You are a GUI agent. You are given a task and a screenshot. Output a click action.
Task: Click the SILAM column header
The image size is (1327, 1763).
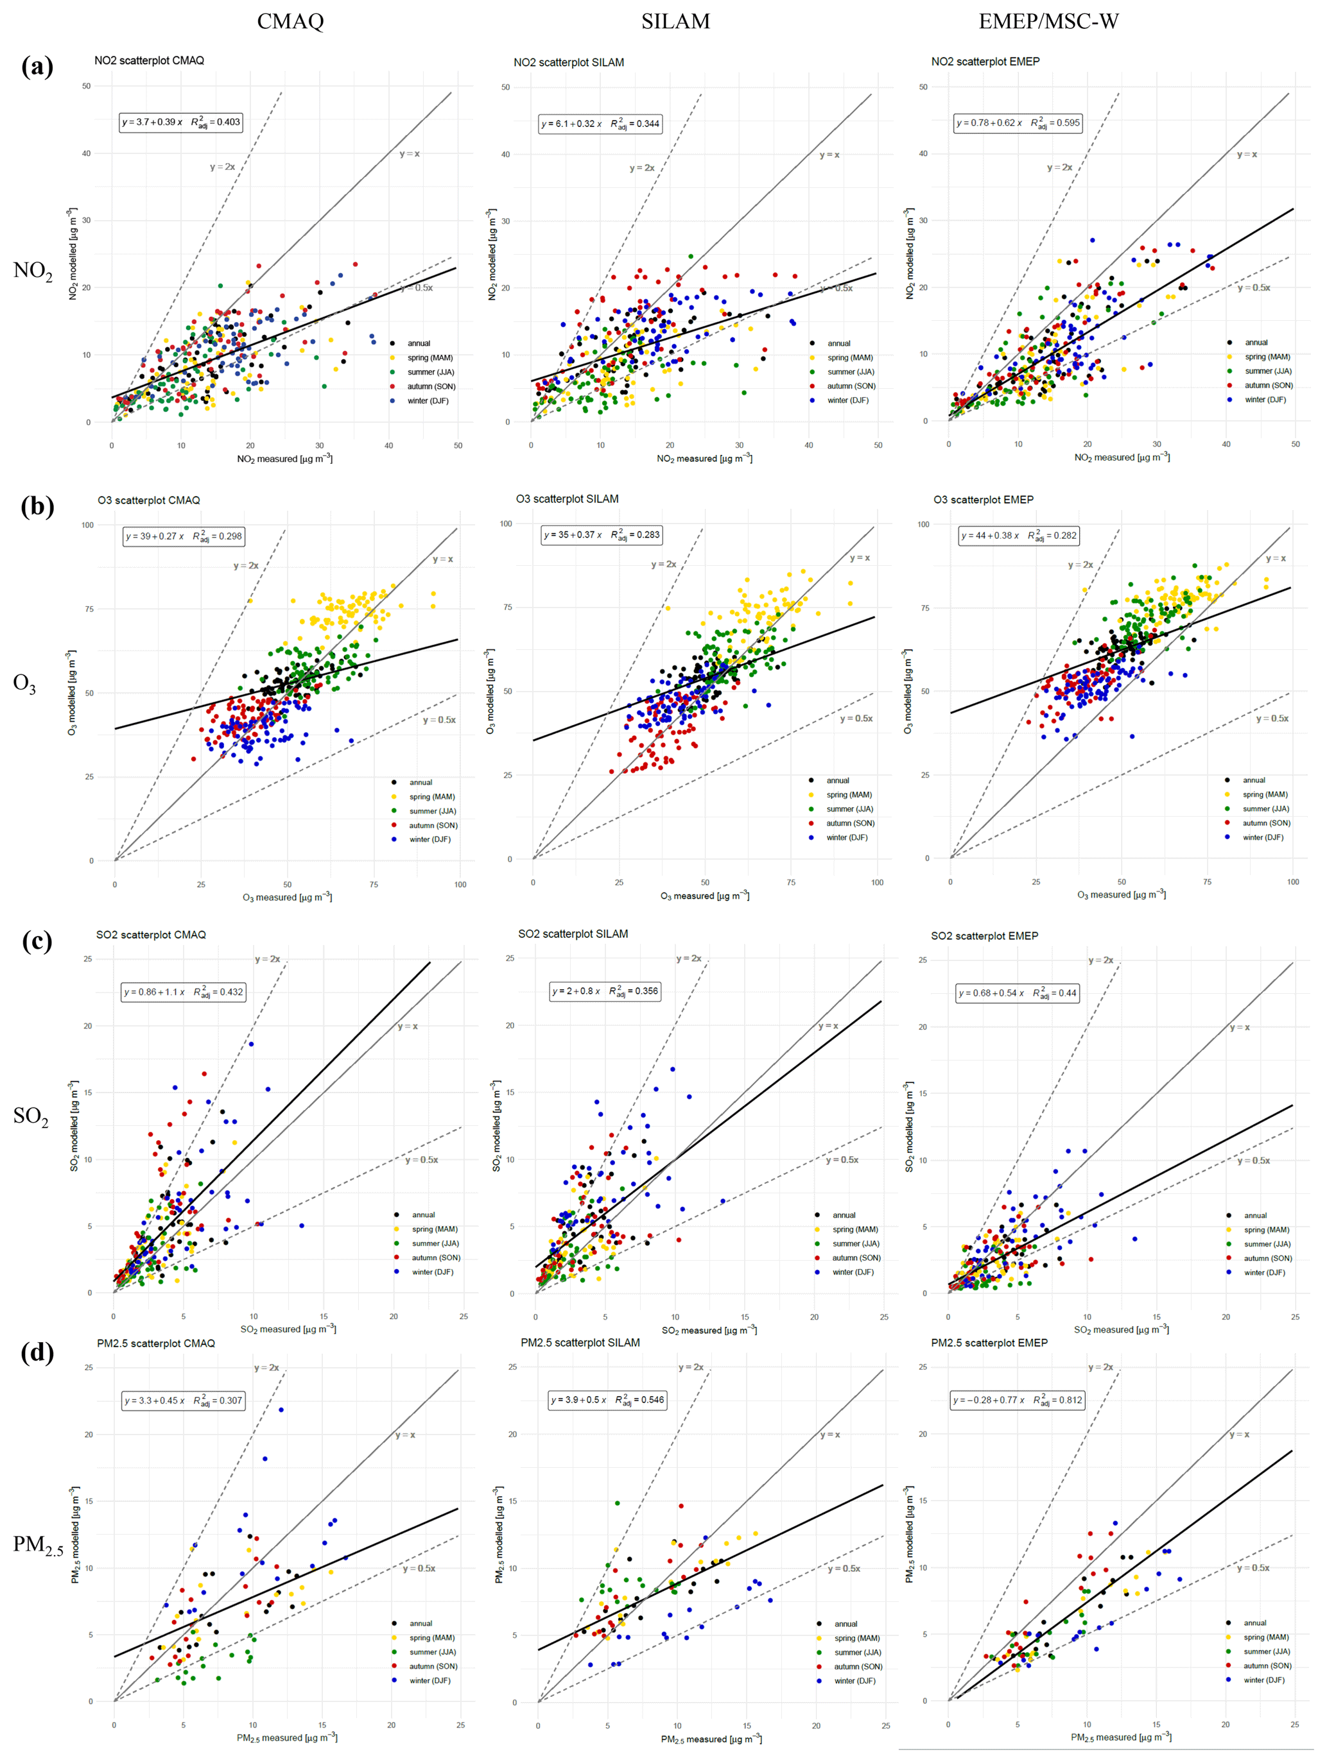[x=675, y=22]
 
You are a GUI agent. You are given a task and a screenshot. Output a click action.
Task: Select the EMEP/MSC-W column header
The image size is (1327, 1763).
[x=1048, y=22]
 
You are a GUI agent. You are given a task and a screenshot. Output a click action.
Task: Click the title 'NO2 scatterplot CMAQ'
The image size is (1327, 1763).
[x=149, y=60]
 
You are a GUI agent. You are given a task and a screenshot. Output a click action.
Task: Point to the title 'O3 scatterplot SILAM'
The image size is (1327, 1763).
[x=567, y=499]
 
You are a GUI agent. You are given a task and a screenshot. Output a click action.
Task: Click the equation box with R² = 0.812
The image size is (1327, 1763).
[x=1018, y=1401]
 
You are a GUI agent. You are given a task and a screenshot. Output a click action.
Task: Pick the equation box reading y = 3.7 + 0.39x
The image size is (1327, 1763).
[x=181, y=122]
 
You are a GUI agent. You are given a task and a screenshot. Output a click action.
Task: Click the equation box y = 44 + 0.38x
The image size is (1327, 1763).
[x=1018, y=536]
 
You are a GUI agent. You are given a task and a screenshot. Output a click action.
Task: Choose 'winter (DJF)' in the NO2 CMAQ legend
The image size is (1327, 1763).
[x=428, y=401]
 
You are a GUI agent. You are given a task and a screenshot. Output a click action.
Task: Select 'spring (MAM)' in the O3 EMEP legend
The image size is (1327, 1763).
[x=1265, y=795]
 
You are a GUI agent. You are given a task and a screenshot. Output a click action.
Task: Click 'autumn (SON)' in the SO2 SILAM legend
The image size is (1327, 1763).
[x=856, y=1257]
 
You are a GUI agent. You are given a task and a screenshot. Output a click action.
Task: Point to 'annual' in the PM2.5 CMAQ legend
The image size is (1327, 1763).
[x=421, y=1624]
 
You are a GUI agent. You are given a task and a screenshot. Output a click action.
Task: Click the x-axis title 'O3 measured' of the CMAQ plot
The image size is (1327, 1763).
[x=287, y=898]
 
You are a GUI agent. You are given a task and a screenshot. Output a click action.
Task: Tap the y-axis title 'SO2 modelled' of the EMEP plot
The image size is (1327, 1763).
[x=909, y=1126]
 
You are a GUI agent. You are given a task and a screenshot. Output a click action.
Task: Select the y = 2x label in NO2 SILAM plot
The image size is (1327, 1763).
[x=641, y=168]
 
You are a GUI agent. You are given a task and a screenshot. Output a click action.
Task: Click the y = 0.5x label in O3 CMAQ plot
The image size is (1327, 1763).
[x=439, y=720]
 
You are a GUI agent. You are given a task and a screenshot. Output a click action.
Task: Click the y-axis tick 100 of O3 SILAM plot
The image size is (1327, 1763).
[x=506, y=524]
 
